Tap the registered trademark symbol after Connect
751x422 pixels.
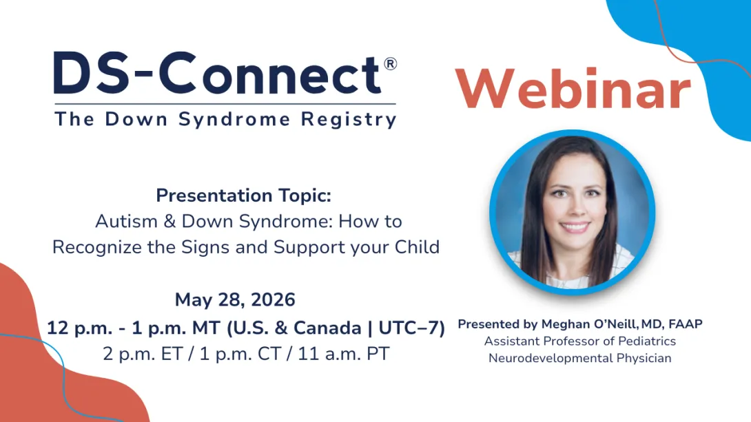click(x=390, y=64)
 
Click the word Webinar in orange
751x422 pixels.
click(x=573, y=89)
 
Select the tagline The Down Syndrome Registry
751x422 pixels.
click(x=225, y=119)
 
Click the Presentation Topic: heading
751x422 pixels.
click(x=244, y=196)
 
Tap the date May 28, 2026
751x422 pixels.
click(x=235, y=300)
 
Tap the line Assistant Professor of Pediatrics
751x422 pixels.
click(x=579, y=341)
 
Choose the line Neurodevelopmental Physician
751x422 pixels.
click(x=579, y=358)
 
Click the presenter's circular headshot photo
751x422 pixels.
click(x=571, y=212)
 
